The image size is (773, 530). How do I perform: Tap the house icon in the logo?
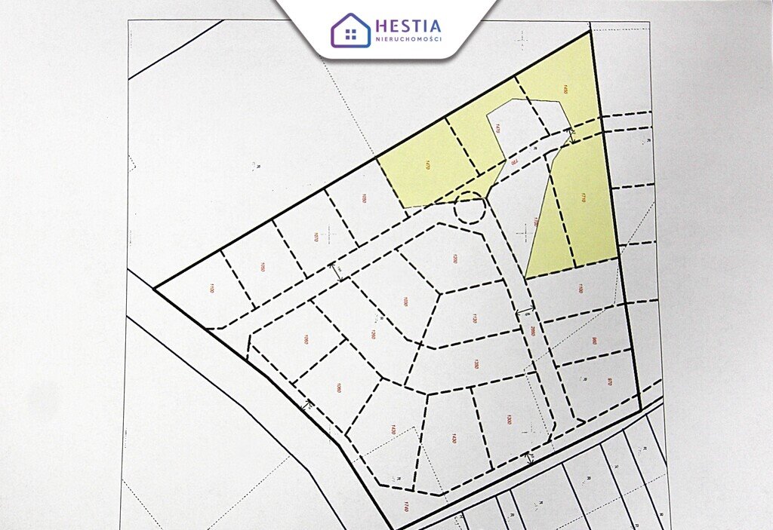[350, 30]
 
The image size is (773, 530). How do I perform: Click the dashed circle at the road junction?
[469, 208]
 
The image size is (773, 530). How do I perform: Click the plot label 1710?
[584, 199]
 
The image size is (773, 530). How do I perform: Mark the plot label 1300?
[508, 419]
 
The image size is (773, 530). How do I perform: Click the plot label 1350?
[476, 364]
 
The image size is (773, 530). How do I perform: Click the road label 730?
[513, 161]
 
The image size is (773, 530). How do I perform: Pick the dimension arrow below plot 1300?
[530, 458]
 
